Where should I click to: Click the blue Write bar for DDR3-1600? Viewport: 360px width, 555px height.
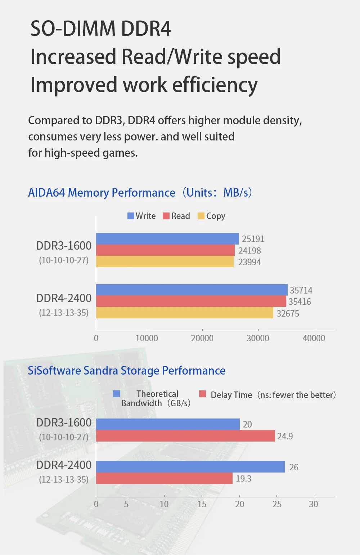(x=167, y=239)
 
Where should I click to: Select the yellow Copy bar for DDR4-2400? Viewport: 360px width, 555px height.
(x=184, y=313)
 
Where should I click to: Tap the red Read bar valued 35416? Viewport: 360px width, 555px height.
(x=191, y=301)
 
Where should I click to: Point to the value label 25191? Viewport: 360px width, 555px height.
(x=253, y=239)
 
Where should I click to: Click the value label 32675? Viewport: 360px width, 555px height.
(x=288, y=313)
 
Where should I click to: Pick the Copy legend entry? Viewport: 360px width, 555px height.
(x=212, y=216)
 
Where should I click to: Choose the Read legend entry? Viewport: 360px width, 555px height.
(x=176, y=216)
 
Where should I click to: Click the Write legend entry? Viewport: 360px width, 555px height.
(x=142, y=216)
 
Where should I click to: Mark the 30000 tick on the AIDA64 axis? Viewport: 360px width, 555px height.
(x=258, y=338)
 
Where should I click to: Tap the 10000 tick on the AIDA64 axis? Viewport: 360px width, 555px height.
(x=147, y=338)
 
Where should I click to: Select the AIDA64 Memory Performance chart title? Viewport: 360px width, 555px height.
(x=140, y=193)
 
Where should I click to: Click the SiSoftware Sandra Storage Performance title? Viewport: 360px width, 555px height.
(x=127, y=371)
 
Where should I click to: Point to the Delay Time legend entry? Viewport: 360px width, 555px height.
(x=267, y=395)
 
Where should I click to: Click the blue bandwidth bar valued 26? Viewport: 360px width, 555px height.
(x=190, y=467)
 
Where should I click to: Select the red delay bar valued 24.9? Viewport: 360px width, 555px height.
(x=185, y=436)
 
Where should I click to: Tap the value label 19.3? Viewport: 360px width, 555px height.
(x=244, y=479)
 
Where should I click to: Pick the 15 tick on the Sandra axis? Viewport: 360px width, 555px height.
(x=202, y=504)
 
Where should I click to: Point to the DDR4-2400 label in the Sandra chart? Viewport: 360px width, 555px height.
(x=64, y=465)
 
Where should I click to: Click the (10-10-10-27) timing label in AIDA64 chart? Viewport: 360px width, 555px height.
(x=64, y=260)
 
